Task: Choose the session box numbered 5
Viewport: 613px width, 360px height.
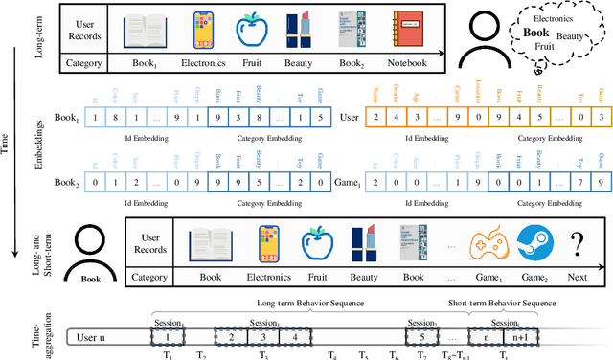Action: pos(419,337)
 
